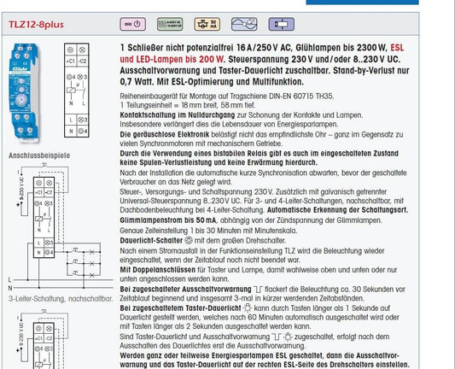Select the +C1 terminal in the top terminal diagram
(69, 62)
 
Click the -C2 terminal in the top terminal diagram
(85, 62)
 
